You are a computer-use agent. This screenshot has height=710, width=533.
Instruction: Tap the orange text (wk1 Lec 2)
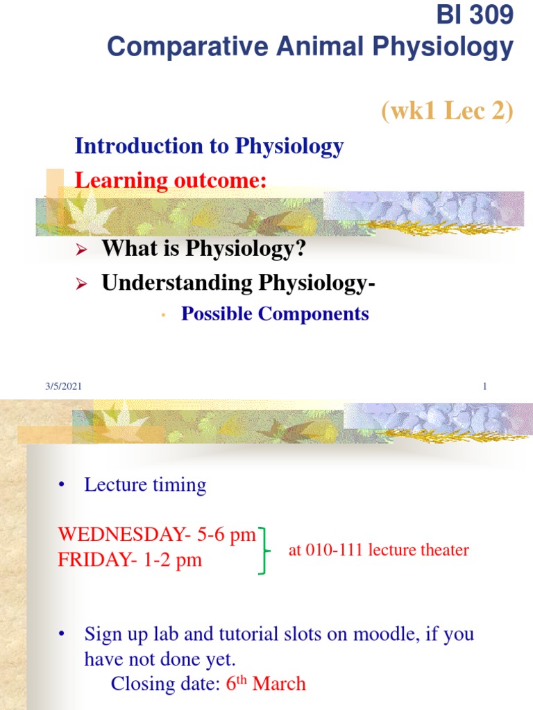click(447, 110)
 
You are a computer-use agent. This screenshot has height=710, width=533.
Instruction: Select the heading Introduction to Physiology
click(209, 146)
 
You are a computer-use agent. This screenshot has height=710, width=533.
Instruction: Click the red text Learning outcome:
click(170, 181)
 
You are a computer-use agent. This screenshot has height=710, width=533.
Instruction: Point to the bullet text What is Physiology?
click(203, 248)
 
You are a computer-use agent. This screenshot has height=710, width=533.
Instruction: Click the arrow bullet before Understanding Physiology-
click(80, 284)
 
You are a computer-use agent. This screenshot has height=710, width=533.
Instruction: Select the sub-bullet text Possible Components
click(275, 314)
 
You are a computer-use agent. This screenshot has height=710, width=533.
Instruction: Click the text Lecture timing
click(145, 485)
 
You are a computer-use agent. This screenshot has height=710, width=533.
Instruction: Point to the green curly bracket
click(264, 550)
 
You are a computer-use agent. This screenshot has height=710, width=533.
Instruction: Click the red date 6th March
click(266, 684)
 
